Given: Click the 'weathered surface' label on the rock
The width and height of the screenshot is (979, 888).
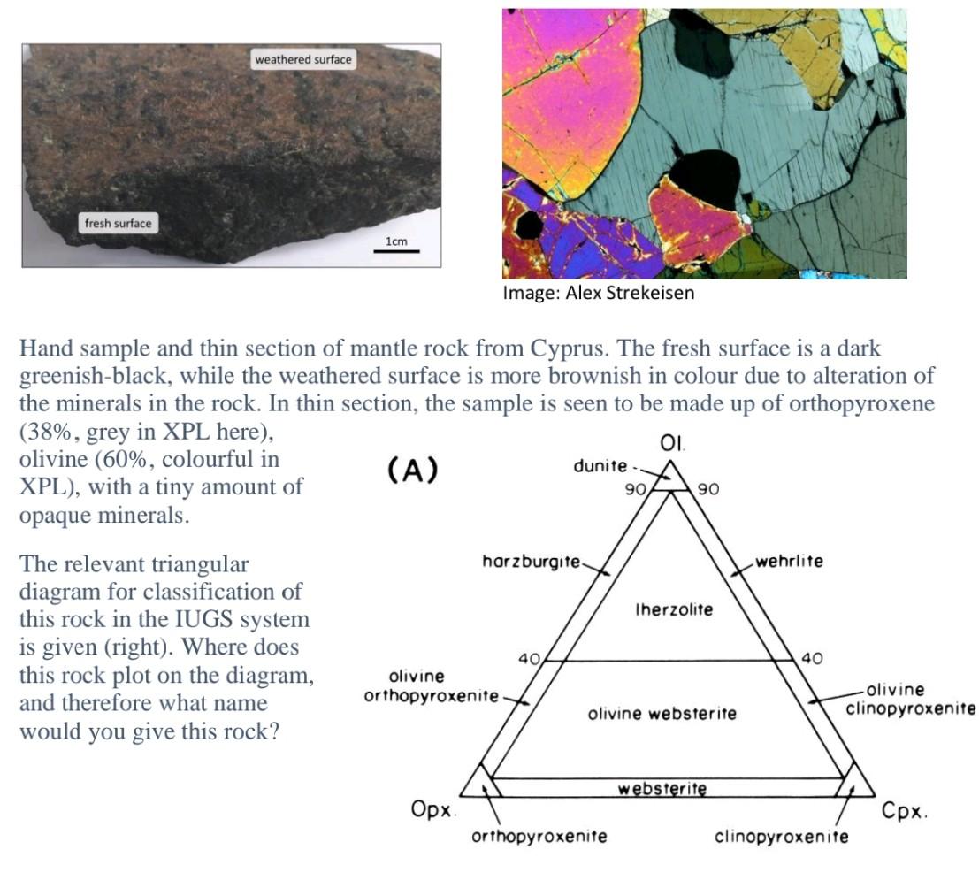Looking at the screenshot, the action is tap(303, 60).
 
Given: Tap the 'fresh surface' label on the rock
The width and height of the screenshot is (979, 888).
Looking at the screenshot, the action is tap(118, 224).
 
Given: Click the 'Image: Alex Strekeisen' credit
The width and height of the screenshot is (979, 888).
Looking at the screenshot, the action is tap(598, 293).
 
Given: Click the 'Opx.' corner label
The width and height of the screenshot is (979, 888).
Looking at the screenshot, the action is tap(433, 808).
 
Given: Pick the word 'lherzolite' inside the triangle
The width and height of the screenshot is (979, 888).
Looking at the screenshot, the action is tap(674, 609).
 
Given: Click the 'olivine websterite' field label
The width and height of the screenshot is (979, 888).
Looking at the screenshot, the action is tap(662, 713).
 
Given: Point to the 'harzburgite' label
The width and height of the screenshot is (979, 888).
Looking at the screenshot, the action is tap(531, 561).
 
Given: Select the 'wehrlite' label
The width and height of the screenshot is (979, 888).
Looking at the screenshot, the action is tap(789, 561).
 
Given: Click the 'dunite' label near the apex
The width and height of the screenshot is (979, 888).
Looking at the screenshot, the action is tap(600, 465).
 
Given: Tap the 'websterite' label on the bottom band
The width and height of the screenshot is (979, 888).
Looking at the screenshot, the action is tap(662, 788).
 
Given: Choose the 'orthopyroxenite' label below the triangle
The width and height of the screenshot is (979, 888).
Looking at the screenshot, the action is tap(539, 836).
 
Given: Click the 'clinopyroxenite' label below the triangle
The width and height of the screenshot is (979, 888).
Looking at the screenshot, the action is tap(782, 836).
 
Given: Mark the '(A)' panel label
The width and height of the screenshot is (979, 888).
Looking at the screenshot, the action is tap(413, 471).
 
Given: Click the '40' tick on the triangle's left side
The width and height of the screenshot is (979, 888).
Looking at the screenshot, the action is tap(529, 659).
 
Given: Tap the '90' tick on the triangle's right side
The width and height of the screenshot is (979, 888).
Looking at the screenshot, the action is tap(707, 488).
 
